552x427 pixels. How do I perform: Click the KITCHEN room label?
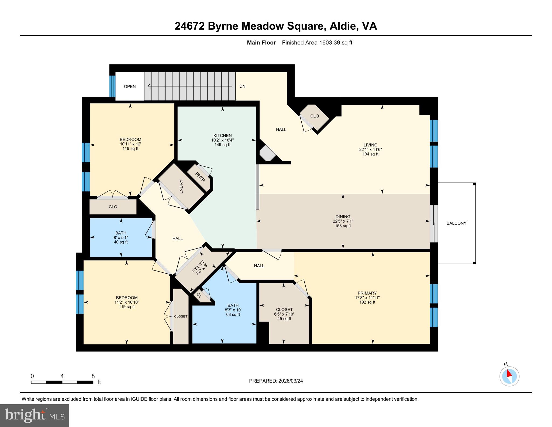pyautogui.click(x=222, y=135)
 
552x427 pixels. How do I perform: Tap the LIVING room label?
pyautogui.click(x=370, y=145)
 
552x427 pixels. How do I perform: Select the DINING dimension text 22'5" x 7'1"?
pyautogui.click(x=343, y=221)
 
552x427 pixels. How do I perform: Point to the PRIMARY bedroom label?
pyautogui.click(x=367, y=293)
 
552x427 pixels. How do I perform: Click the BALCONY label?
pyautogui.click(x=456, y=223)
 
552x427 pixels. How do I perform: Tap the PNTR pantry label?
pyautogui.click(x=200, y=177)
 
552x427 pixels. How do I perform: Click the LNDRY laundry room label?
pyautogui.click(x=181, y=186)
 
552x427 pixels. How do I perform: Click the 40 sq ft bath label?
pyautogui.click(x=120, y=242)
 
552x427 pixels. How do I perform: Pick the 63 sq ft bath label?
pyautogui.click(x=233, y=315)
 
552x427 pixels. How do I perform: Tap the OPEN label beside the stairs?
pyautogui.click(x=130, y=87)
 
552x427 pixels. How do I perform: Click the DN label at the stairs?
pyautogui.click(x=242, y=86)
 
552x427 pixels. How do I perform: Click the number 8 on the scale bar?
pyautogui.click(x=93, y=376)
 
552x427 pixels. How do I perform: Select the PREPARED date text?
pyautogui.click(x=276, y=381)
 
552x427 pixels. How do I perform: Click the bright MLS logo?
pyautogui.click(x=34, y=415)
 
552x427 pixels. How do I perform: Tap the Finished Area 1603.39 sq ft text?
pyautogui.click(x=317, y=43)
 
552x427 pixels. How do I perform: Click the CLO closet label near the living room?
pyautogui.click(x=314, y=116)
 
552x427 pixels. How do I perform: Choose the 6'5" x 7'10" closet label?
pyautogui.click(x=284, y=314)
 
